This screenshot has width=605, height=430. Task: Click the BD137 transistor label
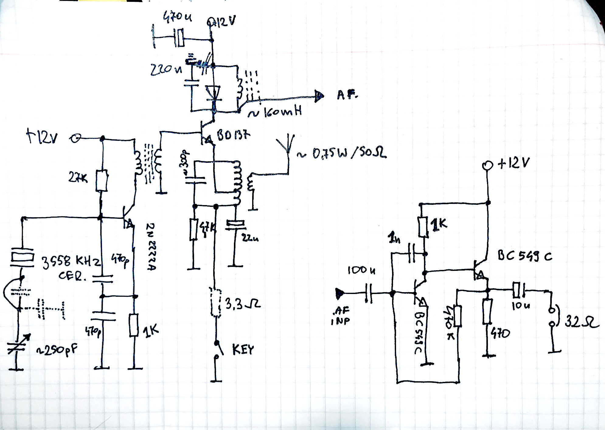[234, 135]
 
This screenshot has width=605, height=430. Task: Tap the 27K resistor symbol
[102, 181]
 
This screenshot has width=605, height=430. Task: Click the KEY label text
[243, 350]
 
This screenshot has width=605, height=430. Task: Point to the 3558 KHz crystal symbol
[22, 256]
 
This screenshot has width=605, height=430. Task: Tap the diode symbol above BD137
[213, 93]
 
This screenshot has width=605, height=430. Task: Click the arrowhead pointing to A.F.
[319, 96]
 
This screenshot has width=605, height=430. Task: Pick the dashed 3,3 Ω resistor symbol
[216, 302]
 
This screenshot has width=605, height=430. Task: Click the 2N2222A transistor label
[151, 246]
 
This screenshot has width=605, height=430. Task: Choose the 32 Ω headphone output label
[581, 322]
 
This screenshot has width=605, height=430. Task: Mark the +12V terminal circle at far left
[75, 139]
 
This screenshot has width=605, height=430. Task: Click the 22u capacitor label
[250, 238]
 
